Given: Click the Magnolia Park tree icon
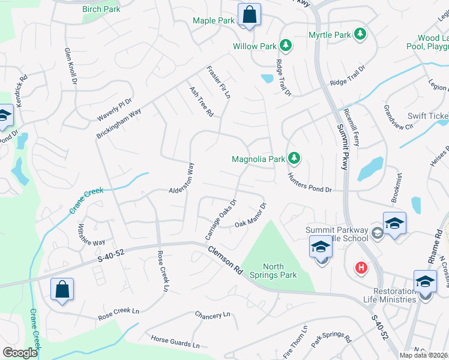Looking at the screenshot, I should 294,158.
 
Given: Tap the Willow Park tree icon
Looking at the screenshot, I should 286,46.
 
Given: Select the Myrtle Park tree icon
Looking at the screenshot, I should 360,34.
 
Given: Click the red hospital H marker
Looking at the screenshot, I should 361,267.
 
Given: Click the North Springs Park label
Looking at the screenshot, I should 281,271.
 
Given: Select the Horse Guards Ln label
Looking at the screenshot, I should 175,342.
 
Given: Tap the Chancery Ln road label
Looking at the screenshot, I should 212,314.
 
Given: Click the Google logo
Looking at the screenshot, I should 20,353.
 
